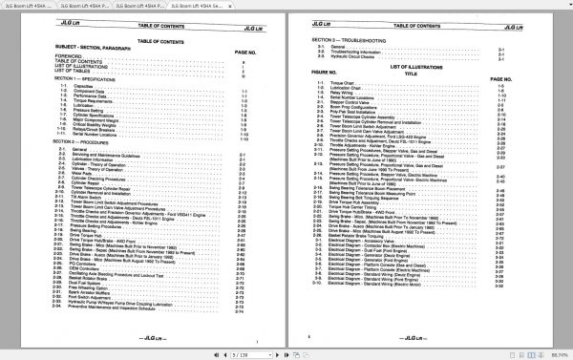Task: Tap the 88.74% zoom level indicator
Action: click(x=558, y=352)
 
